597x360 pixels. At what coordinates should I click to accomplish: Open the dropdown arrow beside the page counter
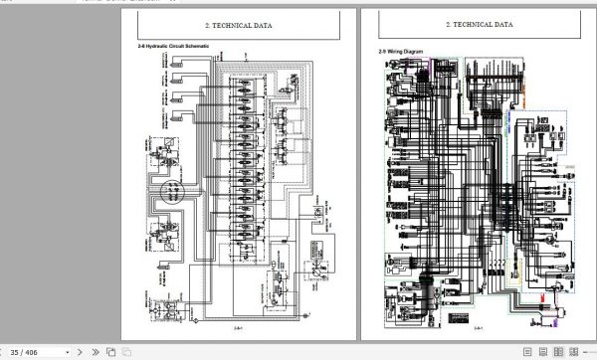click(x=52, y=351)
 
